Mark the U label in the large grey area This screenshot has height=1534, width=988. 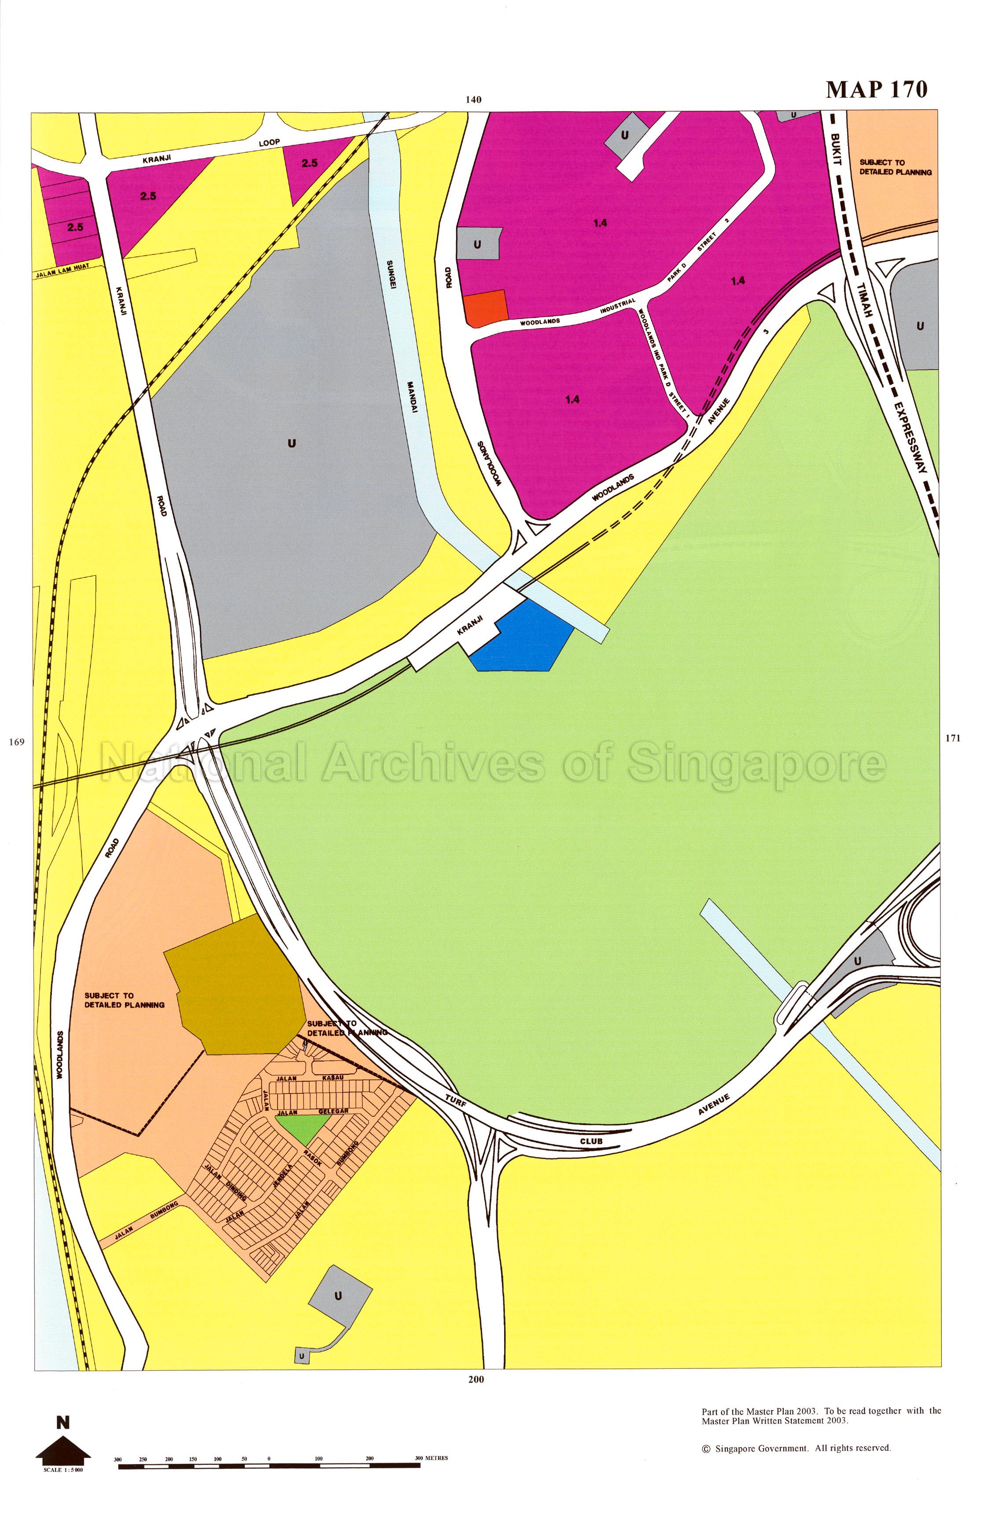click(292, 442)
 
